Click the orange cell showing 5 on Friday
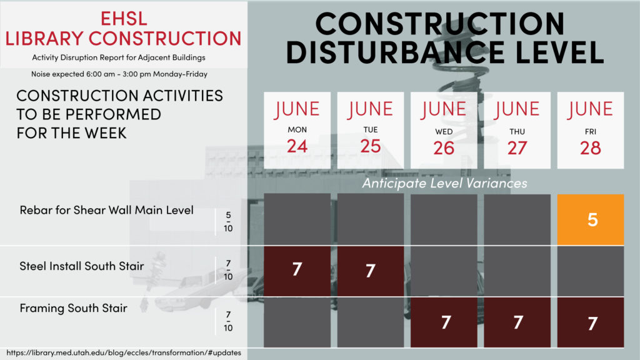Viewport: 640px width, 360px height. coord(590,219)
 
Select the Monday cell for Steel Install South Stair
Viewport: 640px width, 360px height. coord(297,271)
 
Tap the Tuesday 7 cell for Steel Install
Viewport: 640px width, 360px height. coord(370,271)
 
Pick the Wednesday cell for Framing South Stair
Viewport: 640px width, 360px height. coord(444,322)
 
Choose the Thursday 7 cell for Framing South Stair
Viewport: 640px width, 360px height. coord(517,322)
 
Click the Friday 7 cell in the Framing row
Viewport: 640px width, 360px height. coord(590,322)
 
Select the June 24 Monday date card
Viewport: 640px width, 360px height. coord(297,130)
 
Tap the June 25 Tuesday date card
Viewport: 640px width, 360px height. coord(370,130)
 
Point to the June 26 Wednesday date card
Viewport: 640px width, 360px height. coord(444,130)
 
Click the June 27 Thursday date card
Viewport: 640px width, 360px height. coord(517,130)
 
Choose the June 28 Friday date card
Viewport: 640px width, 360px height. coord(590,130)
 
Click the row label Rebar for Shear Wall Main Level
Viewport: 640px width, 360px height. coord(106,210)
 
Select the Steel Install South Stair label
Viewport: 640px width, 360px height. coord(82,266)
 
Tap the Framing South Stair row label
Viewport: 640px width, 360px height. coord(74,308)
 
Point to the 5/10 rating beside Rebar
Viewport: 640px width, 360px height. coord(228,222)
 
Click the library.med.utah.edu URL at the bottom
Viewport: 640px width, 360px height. coord(124,352)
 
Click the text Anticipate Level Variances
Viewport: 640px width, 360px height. coord(444,183)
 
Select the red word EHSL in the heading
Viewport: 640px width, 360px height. coord(124,19)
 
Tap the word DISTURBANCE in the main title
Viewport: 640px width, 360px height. coord(396,52)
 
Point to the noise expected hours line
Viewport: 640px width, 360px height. coord(119,74)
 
